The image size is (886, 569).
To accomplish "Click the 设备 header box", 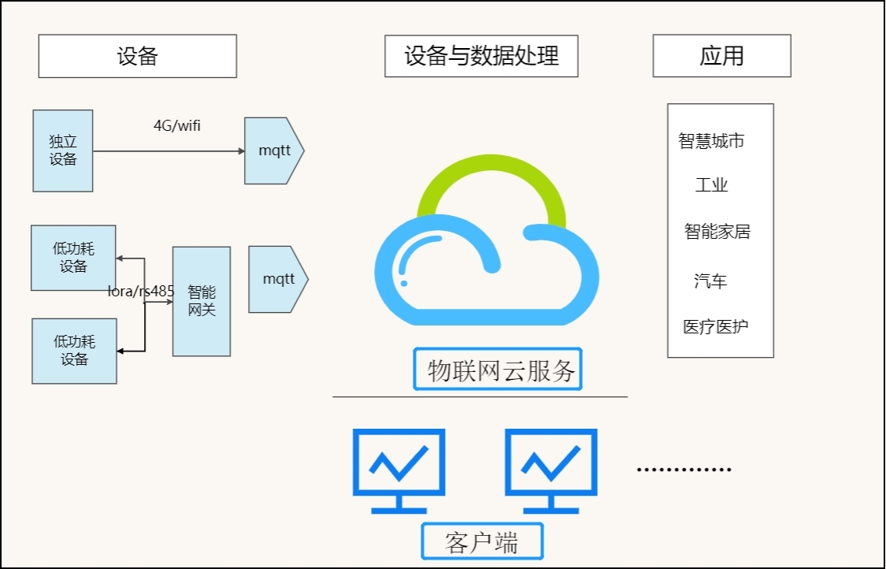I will pyautogui.click(x=137, y=56).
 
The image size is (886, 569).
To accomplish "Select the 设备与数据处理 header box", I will pyautogui.click(x=481, y=56).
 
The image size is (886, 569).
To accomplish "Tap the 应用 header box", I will pyautogui.click(x=721, y=56).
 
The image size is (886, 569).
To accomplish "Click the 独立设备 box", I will pyautogui.click(x=63, y=151).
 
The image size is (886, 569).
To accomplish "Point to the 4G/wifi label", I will pyautogui.click(x=176, y=125).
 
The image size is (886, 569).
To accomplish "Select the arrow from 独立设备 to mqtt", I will pyautogui.click(x=169, y=151).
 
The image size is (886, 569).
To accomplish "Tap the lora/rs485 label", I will pyautogui.click(x=141, y=292).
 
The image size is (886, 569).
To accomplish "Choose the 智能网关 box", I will pyautogui.click(x=202, y=301).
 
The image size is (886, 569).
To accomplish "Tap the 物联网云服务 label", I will pyautogui.click(x=498, y=370).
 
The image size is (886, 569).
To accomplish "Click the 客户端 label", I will pyautogui.click(x=482, y=542).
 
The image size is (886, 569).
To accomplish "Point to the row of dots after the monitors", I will pyautogui.click(x=684, y=469).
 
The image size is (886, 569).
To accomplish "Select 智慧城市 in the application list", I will pyautogui.click(x=711, y=141).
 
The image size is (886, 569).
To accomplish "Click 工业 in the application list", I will pyautogui.click(x=711, y=186).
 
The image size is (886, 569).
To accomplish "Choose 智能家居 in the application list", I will pyautogui.click(x=717, y=232).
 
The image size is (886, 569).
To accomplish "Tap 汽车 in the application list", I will pyautogui.click(x=710, y=281).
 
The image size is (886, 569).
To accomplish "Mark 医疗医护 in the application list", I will pyautogui.click(x=715, y=327).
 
